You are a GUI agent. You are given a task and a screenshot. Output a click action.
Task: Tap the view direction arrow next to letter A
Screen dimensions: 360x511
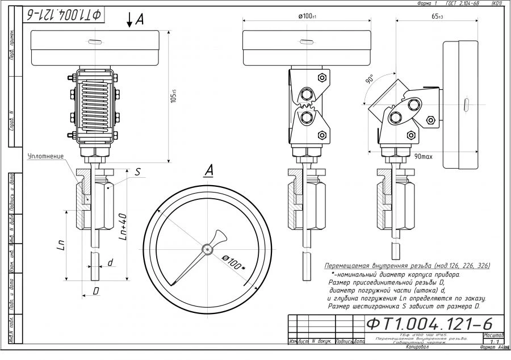(x=130, y=20)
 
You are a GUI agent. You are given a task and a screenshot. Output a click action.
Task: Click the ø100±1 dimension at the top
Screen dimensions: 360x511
(x=307, y=16)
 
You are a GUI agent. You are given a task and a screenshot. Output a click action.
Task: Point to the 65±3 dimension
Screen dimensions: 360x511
(x=437, y=16)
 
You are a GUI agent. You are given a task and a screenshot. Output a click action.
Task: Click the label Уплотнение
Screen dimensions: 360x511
(x=46, y=156)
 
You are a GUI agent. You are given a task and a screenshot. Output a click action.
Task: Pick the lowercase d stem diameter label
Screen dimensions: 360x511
(x=110, y=262)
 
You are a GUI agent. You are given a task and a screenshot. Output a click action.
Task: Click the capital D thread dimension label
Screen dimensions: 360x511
(x=97, y=290)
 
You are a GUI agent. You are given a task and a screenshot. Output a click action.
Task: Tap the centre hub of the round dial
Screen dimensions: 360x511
(x=208, y=248)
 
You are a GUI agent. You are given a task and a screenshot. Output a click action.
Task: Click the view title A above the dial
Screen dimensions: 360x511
(x=208, y=170)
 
